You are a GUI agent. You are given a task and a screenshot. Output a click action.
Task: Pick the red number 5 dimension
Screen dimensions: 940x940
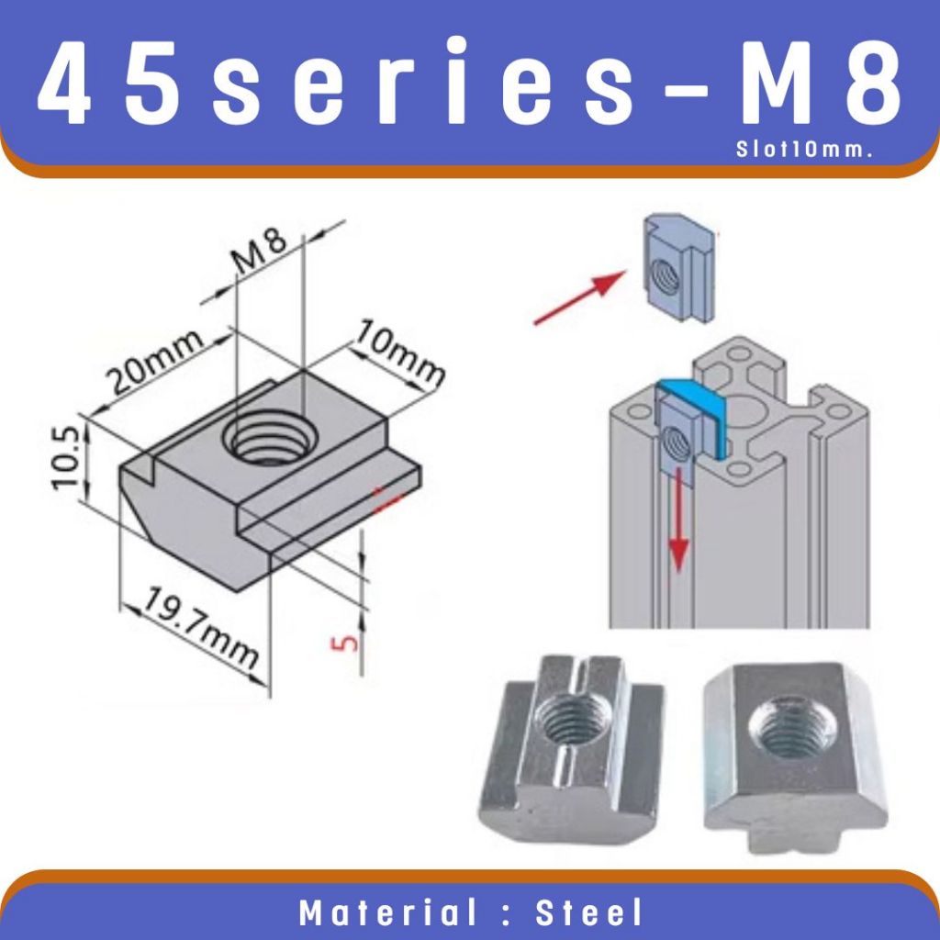(x=344, y=643)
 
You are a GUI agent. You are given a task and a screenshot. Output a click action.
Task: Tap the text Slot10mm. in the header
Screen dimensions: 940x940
(x=803, y=150)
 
